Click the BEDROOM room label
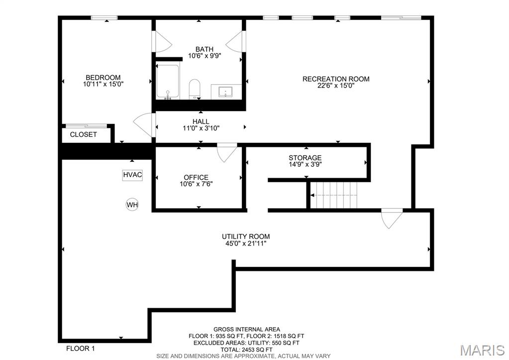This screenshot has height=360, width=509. pos(103,78)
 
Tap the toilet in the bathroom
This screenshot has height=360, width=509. pos(195,89)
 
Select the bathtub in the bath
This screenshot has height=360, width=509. pos(168,82)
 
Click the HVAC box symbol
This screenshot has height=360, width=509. pos(132,175)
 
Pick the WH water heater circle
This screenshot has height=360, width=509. pos(132,205)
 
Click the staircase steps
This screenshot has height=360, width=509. pos(334,195)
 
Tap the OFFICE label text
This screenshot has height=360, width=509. pos(196,177)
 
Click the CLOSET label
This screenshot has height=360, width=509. pos(84,134)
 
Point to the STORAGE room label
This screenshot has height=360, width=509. pos(305,158)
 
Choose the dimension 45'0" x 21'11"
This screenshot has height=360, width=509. pos(246,243)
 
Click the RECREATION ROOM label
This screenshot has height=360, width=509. pos(336,79)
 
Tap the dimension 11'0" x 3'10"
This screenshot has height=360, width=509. pos(201,128)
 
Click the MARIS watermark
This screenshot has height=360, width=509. pos(483,350)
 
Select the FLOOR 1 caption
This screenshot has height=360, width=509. pos(81,349)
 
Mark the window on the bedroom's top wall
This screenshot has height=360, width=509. pos(104,17)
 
